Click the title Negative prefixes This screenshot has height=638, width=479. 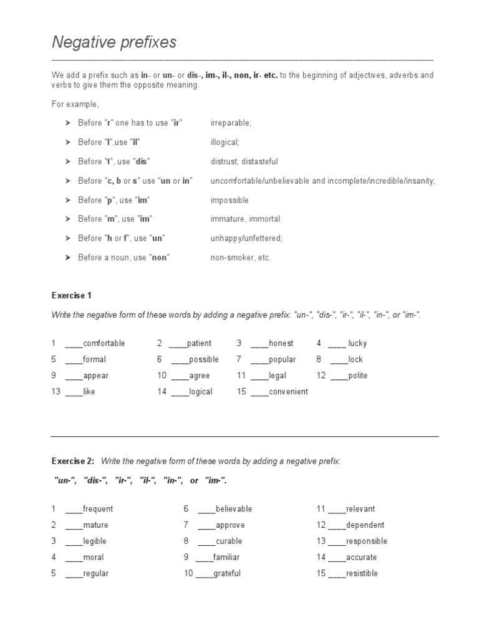114,42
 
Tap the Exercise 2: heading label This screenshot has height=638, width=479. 72,461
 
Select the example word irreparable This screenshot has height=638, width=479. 231,123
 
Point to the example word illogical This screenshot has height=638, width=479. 225,143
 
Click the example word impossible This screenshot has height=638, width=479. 230,200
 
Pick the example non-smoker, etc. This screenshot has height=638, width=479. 241,257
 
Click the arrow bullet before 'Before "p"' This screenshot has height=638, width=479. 68,200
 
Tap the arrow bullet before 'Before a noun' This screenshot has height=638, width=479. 68,257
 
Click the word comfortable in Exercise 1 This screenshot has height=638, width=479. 104,343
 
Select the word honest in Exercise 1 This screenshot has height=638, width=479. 281,343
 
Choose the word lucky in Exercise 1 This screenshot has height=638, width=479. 357,343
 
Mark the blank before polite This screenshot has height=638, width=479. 339,376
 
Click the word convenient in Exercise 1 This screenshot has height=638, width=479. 288,392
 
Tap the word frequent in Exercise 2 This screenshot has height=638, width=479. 97,509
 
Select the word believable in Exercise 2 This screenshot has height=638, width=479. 233,509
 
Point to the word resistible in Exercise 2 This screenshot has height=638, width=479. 362,573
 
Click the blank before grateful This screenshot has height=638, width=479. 204,573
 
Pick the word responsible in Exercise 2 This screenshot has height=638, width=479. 366,541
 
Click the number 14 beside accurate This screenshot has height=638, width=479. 321,558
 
